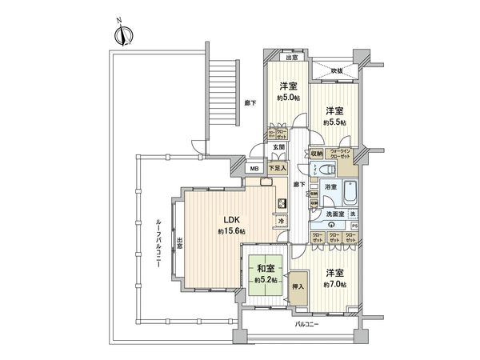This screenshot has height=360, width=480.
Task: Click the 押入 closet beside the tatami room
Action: pyautogui.click(x=298, y=286)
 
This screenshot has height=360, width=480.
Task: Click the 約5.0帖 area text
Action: pyautogui.click(x=289, y=98)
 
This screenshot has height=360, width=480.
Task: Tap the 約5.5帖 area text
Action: pyautogui.click(x=334, y=122)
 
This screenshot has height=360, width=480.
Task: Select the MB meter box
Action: pyautogui.click(x=254, y=169)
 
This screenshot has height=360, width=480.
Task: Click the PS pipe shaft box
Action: pyautogui.click(x=354, y=226)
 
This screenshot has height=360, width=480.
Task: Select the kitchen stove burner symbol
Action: pyautogui.click(x=282, y=203)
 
